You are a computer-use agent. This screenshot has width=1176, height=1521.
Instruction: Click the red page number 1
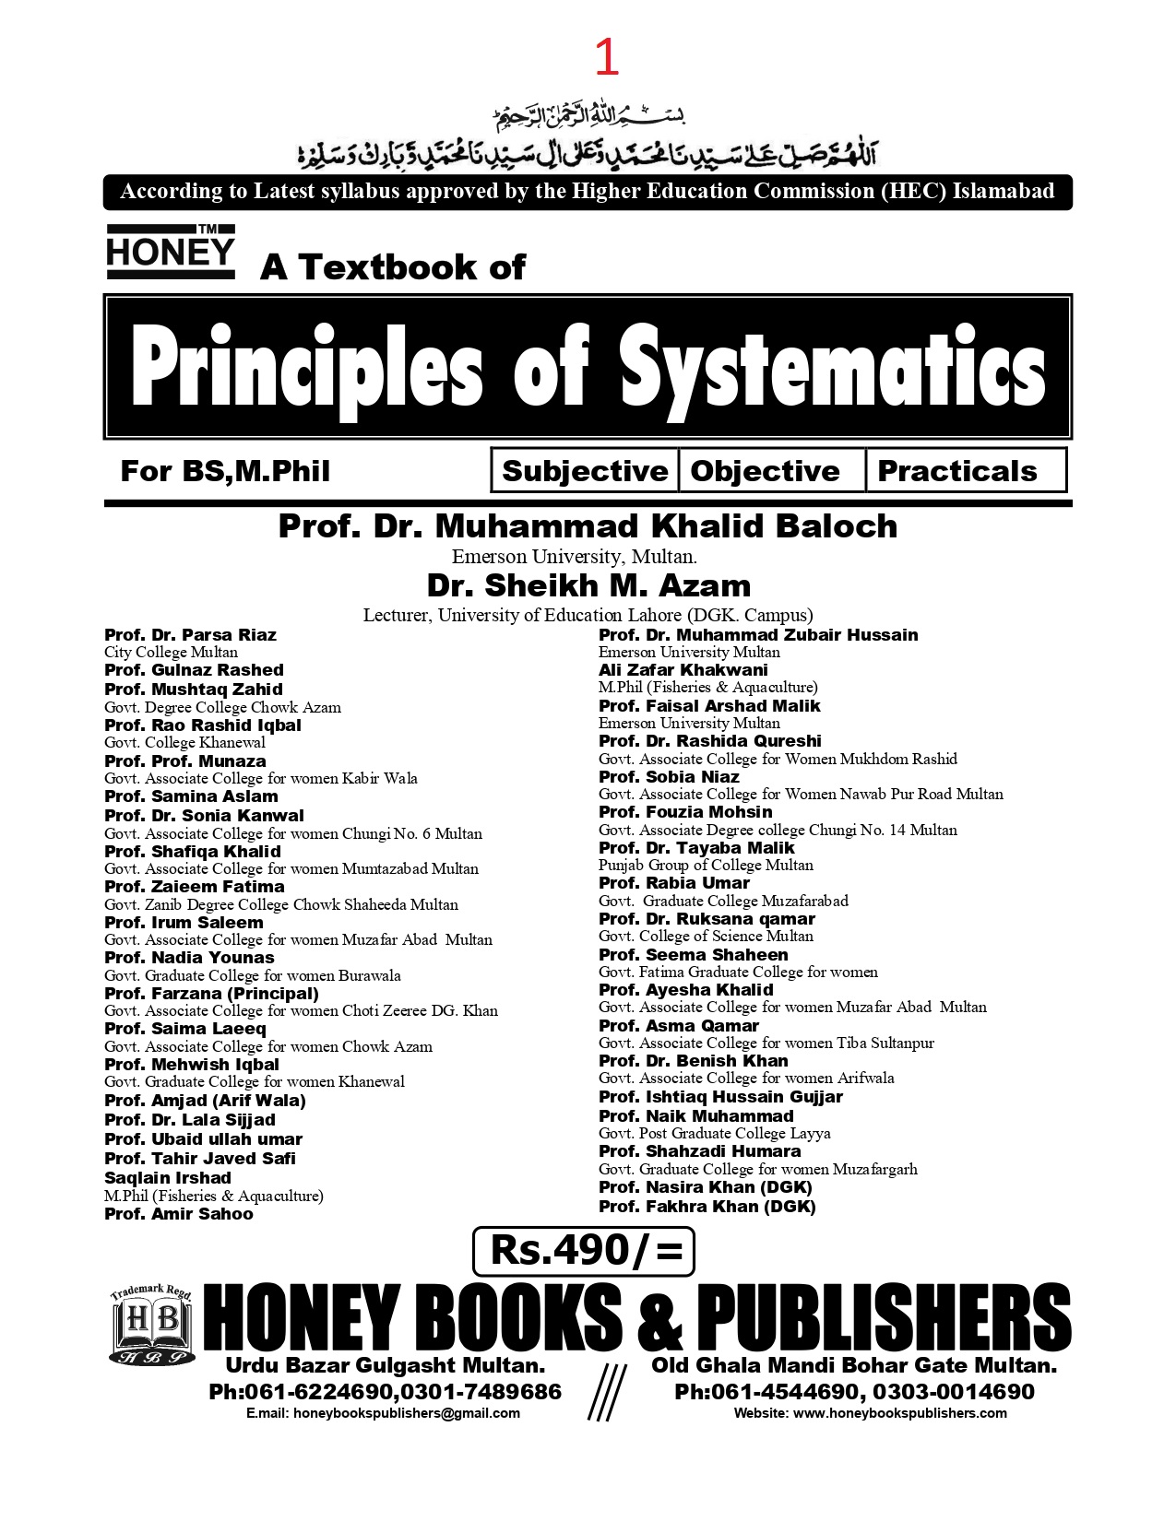(x=606, y=58)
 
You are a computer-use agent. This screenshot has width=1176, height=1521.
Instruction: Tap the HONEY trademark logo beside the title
(x=171, y=252)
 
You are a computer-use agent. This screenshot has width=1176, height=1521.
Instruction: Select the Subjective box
(x=585, y=471)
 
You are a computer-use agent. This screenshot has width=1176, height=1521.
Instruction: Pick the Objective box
(x=766, y=471)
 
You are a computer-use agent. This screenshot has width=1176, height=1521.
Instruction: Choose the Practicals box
(x=957, y=471)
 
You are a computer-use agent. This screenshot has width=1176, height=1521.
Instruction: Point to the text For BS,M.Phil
(x=225, y=471)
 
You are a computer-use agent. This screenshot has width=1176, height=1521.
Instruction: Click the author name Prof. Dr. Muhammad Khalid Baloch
(x=588, y=526)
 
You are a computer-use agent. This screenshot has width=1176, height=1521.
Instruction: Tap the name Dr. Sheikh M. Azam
(x=588, y=585)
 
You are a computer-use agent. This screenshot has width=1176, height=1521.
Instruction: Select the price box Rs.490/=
(x=583, y=1251)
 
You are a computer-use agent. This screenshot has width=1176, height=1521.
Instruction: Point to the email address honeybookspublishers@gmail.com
(x=406, y=1413)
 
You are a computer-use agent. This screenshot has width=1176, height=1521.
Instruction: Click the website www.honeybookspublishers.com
(x=899, y=1413)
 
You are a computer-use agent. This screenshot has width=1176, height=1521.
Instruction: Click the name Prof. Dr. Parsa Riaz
(x=190, y=635)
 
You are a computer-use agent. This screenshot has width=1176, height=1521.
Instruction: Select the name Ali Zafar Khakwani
(x=683, y=670)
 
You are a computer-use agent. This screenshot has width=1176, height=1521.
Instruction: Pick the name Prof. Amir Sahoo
(x=179, y=1214)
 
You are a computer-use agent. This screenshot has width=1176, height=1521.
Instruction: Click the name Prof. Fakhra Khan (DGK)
(x=707, y=1207)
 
